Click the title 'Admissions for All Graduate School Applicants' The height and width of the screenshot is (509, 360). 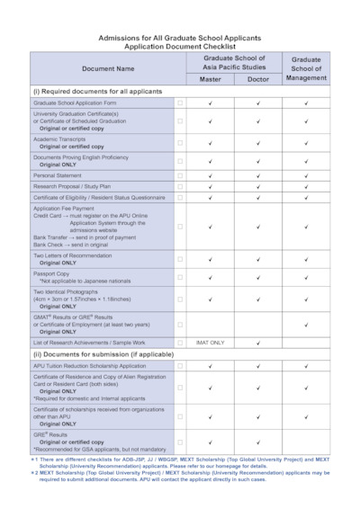(179, 38)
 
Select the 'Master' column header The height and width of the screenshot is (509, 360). (210, 79)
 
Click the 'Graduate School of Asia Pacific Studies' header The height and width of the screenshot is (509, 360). (233, 61)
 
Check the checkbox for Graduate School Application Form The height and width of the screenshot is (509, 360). (180, 104)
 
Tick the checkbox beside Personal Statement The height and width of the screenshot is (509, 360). (180, 174)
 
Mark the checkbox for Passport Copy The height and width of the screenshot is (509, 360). (180, 275)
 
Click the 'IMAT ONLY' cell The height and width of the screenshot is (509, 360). (210, 343)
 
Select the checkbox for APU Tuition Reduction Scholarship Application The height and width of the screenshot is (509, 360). (180, 366)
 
